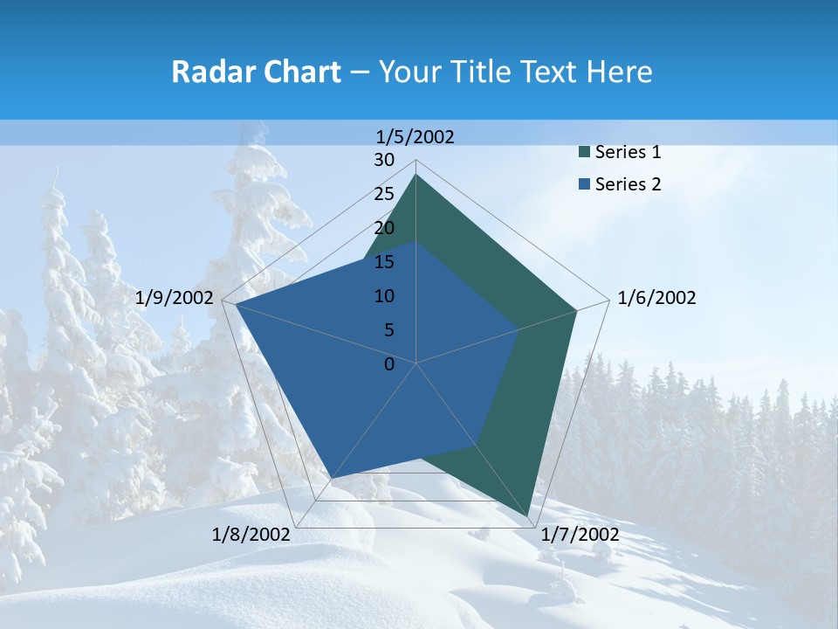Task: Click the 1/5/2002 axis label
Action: coord(416,137)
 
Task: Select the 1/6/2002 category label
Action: coord(656,298)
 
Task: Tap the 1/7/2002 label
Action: coord(580,534)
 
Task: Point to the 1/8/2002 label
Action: coord(251,534)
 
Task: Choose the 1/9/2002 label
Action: coord(175,298)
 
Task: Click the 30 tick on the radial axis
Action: coord(384,160)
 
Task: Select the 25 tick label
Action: coord(384,194)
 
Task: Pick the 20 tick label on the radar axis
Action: coord(384,228)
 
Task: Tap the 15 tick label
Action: coord(384,262)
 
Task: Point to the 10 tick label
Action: coord(384,296)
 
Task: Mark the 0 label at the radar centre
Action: coord(389,364)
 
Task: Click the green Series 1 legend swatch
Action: coord(583,153)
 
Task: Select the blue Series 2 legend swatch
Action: coord(583,184)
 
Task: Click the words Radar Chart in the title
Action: coord(256,72)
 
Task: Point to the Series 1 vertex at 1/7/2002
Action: coord(530,518)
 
